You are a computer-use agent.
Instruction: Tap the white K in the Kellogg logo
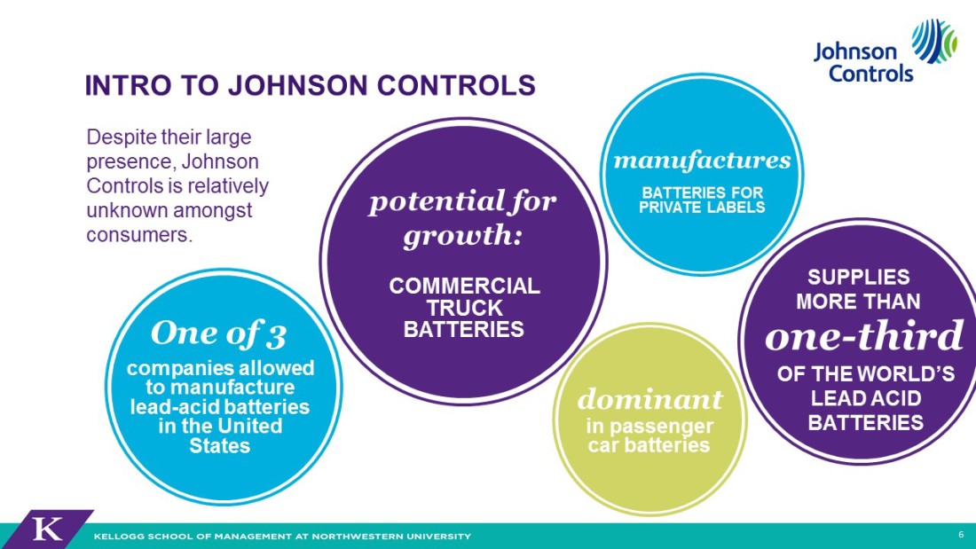[47, 529]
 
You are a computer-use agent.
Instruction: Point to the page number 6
[961, 535]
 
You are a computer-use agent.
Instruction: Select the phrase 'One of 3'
[218, 334]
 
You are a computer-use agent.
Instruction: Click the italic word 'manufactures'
[702, 161]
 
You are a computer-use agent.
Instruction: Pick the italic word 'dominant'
[649, 399]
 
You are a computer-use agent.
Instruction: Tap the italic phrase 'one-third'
[864, 336]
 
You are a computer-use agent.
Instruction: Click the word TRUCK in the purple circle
[464, 308]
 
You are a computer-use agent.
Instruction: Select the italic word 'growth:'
[462, 237]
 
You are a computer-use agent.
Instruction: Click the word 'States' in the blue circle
[220, 445]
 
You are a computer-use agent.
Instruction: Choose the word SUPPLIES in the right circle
[858, 277]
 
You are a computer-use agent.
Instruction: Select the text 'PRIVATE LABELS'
[702, 208]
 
